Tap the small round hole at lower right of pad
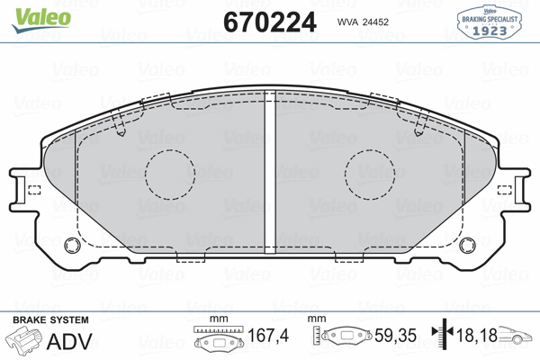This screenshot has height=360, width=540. pos(465,243)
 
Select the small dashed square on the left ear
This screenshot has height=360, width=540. pos(33,189)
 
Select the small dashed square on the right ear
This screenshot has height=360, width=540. pos(507,189)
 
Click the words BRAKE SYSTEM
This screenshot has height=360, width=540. pos(49,319)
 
